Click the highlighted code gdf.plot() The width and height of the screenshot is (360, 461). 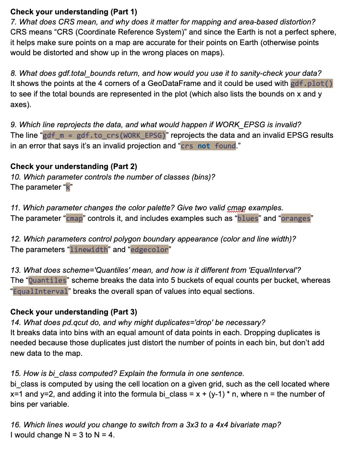click(x=312, y=83)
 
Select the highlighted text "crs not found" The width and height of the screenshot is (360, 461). click(x=208, y=146)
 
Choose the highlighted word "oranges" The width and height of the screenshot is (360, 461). click(x=296, y=218)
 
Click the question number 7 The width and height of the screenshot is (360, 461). click(x=13, y=22)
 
